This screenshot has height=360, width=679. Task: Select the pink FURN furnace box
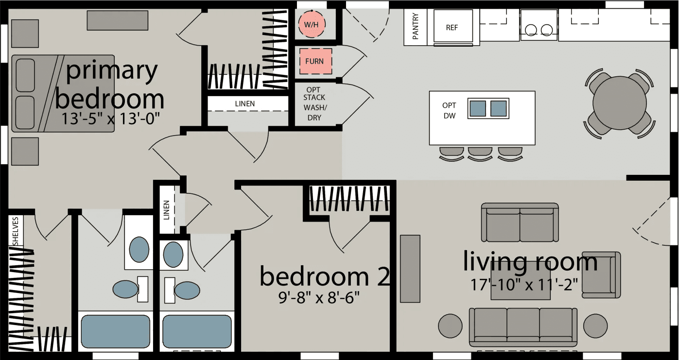(315, 61)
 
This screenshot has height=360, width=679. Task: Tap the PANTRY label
(416, 27)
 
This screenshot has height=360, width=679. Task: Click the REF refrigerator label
(452, 28)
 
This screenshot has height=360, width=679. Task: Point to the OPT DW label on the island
(449, 111)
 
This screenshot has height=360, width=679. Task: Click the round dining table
(617, 103)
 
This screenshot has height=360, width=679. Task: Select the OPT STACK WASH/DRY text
(315, 104)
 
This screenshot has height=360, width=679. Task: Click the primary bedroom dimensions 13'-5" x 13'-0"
(111, 118)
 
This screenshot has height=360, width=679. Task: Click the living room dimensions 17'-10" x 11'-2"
(526, 284)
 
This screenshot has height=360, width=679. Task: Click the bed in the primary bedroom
(63, 93)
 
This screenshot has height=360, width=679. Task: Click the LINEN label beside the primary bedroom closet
(244, 103)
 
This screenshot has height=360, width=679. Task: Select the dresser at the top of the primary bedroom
(110, 20)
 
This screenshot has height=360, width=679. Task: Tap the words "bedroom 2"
(325, 276)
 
